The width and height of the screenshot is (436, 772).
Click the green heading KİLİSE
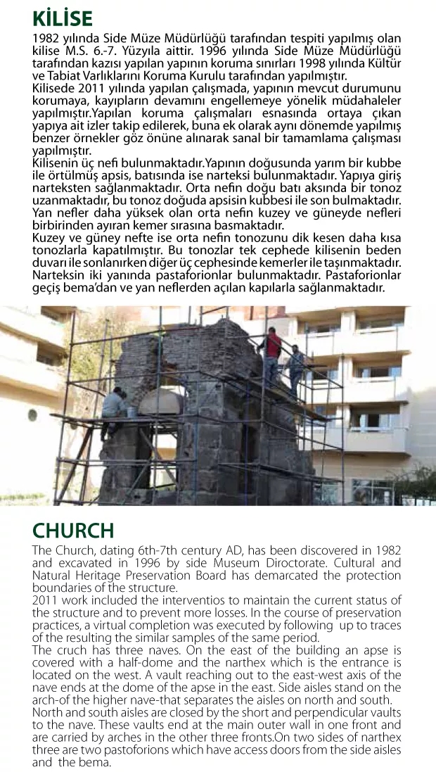pos(63,17)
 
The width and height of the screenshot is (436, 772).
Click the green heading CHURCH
pos(73,530)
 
